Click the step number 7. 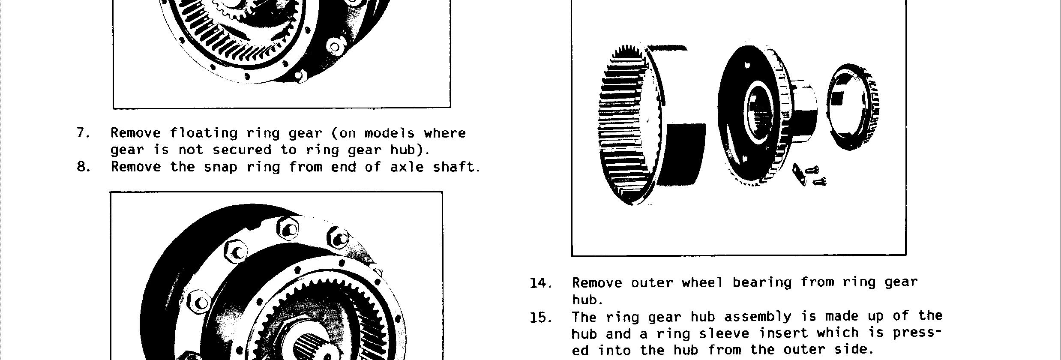83,133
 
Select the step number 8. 83,167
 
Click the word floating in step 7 204,133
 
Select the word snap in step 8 220,168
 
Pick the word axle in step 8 407,167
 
